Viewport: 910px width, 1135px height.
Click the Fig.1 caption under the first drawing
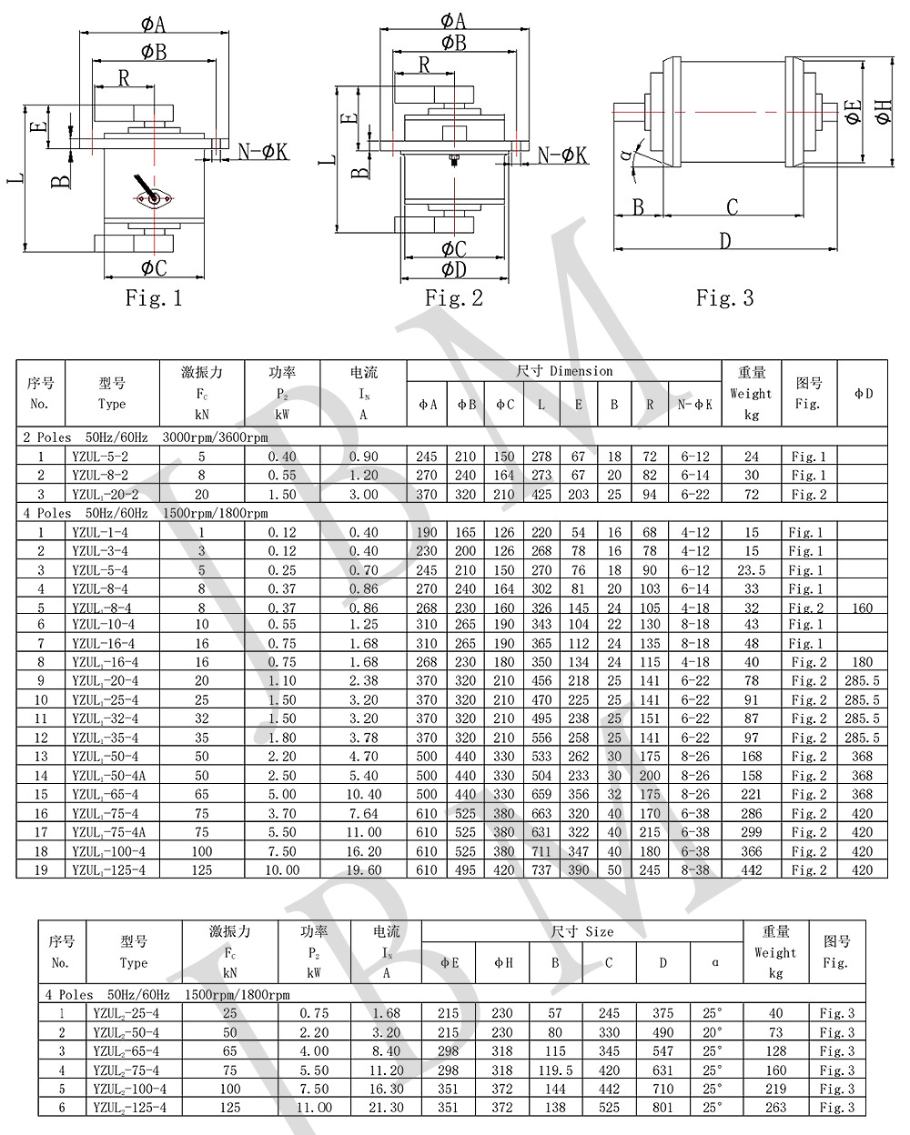154,298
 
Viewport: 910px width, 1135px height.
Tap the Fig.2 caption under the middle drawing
454,298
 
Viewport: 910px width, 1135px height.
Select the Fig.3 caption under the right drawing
724,298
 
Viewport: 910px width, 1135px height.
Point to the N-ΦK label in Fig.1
263,152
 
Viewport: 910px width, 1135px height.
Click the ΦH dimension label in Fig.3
882,113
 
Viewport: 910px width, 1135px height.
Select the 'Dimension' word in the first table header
581,371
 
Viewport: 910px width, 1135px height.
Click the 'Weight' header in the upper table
751,394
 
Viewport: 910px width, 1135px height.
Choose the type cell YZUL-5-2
100,457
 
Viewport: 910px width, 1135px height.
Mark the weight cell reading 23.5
751,570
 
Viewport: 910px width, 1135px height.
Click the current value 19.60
363,870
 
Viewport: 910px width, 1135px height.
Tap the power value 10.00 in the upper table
282,870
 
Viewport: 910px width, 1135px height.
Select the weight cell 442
751,870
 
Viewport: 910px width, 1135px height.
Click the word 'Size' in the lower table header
599,932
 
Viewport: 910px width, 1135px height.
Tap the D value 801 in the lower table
662,1108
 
